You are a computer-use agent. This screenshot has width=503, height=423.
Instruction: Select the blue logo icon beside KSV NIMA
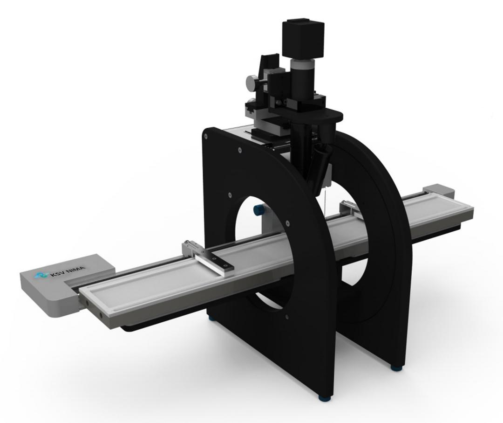[x=41, y=276]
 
